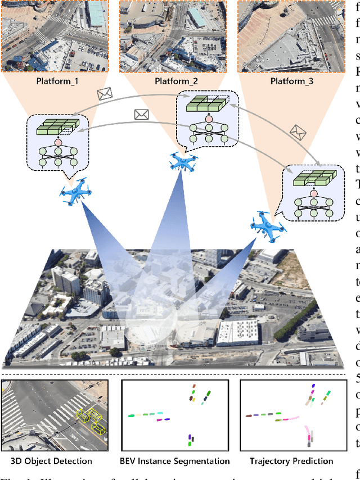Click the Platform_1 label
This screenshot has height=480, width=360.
tap(58, 80)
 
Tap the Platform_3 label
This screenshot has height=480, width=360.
tap(293, 80)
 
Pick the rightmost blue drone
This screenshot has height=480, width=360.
tap(266, 224)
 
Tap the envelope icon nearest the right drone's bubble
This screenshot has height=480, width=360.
tap(298, 132)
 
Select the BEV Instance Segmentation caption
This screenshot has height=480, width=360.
tap(175, 461)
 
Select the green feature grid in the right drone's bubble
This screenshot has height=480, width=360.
tap(318, 180)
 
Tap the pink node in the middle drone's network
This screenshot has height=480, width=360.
tap(208, 119)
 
